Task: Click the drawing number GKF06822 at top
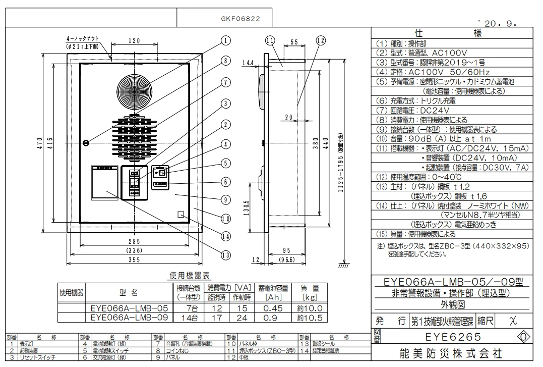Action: [x=240, y=19]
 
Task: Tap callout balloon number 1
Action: [x=225, y=40]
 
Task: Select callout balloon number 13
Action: [x=225, y=254]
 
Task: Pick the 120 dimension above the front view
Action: [x=134, y=41]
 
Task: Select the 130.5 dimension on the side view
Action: [x=246, y=207]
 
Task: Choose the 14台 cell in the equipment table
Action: [x=189, y=318]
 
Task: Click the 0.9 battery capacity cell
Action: [x=273, y=318]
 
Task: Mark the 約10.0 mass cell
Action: [x=309, y=308]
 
